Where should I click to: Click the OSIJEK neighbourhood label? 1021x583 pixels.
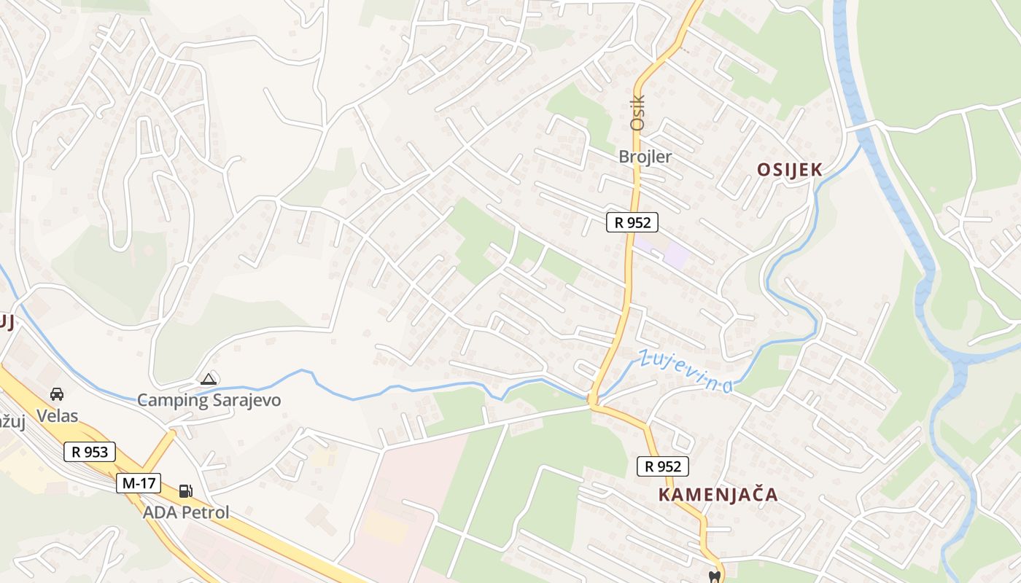point(790,170)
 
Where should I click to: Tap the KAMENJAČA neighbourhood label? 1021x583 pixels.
point(718,495)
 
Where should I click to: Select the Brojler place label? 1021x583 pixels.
point(645,157)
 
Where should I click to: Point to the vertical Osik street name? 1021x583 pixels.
point(638,113)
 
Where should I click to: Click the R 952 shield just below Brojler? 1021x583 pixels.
point(632,222)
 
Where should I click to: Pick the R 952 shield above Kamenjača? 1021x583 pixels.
point(662,466)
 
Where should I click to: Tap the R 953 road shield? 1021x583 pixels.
point(90,452)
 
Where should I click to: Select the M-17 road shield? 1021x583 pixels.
point(139,482)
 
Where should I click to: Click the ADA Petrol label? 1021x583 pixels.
point(186,512)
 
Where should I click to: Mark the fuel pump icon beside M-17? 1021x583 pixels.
point(186,491)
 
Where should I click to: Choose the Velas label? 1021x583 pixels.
point(58,416)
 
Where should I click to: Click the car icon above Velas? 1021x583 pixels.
point(56,394)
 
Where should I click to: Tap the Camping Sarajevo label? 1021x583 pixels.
point(209,400)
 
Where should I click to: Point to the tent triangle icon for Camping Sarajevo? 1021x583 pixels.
point(209,379)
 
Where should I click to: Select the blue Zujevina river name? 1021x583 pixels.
point(686,371)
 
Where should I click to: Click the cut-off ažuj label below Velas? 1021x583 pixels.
point(9,422)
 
